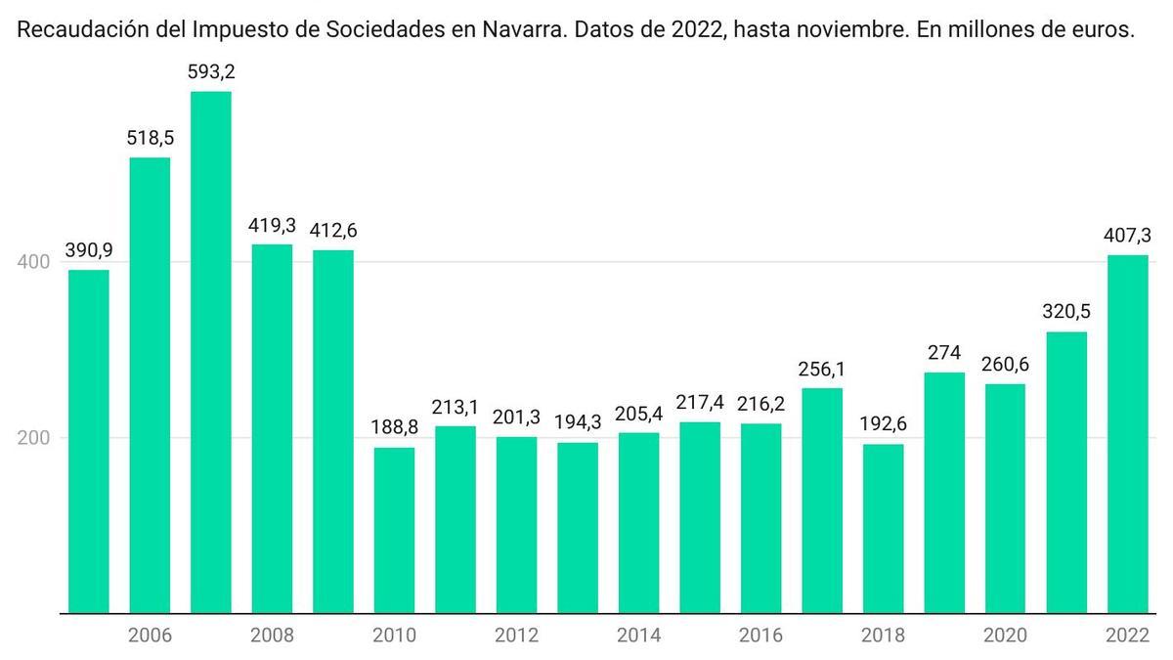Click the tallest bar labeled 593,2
click(x=210, y=352)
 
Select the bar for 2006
click(x=150, y=385)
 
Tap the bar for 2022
click(x=1127, y=434)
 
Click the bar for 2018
click(x=883, y=528)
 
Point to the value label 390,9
click(x=89, y=250)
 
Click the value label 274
click(x=943, y=352)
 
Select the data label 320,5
click(x=1066, y=312)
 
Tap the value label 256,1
click(x=822, y=369)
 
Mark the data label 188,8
click(x=394, y=427)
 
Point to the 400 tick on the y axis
click(x=33, y=262)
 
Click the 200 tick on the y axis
click(x=33, y=437)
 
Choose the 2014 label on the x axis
click(x=638, y=636)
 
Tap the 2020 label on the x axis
click(x=1005, y=636)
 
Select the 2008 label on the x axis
click(x=272, y=636)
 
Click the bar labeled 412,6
click(x=333, y=431)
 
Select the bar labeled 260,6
click(x=1005, y=499)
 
